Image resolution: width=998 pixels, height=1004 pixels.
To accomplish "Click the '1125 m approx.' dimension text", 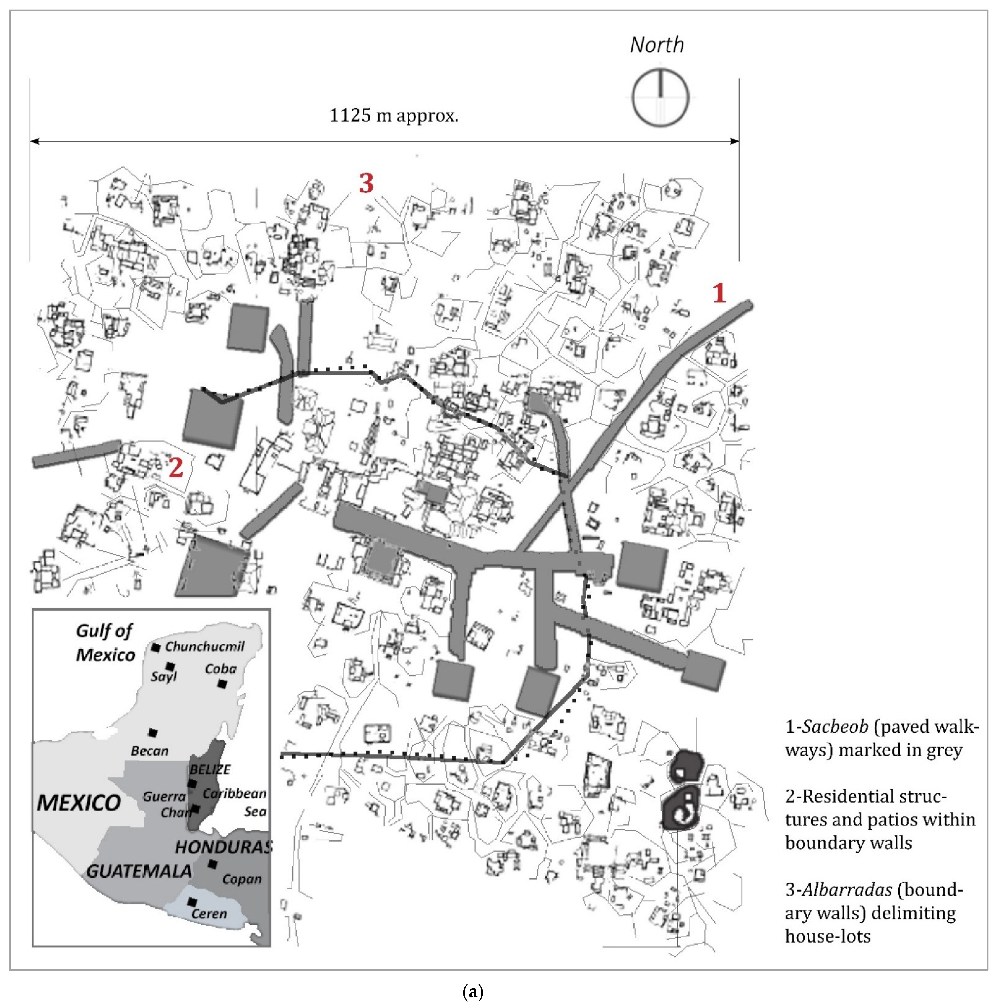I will tap(393, 115).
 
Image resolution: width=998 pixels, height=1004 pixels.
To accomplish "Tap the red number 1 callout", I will tap(719, 293).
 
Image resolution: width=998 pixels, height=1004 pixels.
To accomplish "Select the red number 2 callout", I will tap(176, 468).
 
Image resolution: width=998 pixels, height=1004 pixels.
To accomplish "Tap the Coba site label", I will tap(220, 669).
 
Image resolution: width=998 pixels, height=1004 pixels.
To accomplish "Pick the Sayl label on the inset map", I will tap(164, 677).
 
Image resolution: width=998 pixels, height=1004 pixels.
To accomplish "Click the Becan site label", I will tap(150, 750).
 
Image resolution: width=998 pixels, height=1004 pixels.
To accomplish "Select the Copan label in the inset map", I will tap(242, 879).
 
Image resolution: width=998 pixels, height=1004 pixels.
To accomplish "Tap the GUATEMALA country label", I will tap(139, 871).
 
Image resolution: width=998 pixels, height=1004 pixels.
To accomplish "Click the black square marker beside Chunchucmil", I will tap(155, 648).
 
